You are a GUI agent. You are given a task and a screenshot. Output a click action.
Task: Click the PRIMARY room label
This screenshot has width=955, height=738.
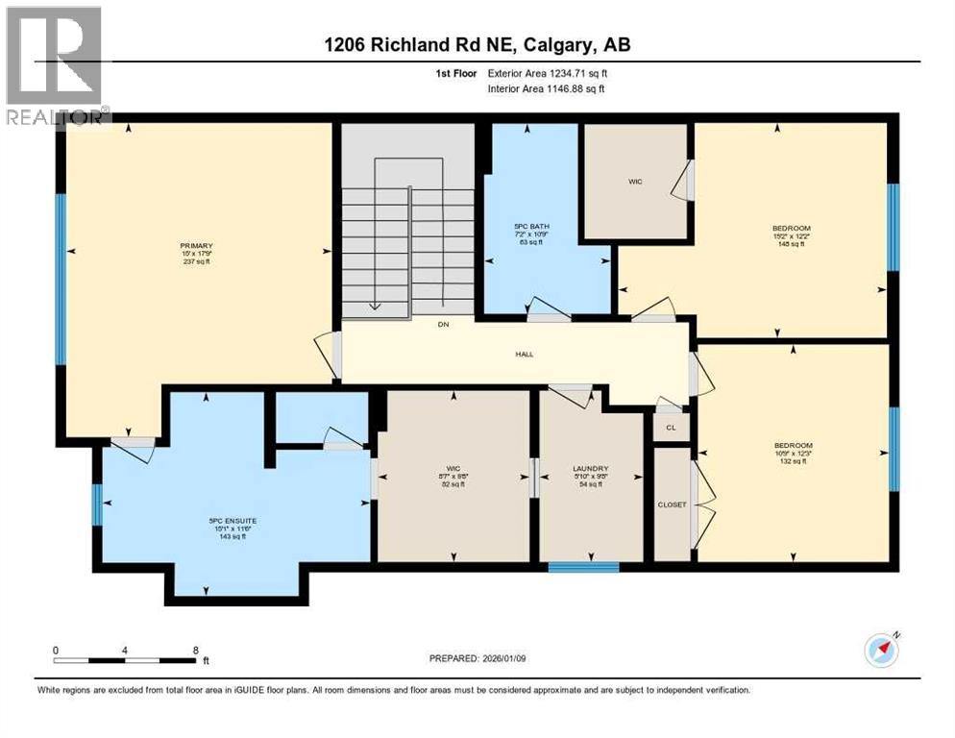coord(195,245)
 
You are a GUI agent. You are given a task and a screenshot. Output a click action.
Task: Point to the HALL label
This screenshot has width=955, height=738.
coord(524,354)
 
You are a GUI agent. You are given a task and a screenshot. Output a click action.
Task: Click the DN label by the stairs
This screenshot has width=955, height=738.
coord(443,325)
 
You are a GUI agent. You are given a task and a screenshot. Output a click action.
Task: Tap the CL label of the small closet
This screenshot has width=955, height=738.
coord(671,427)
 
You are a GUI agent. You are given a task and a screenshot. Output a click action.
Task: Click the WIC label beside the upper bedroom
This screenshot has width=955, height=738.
coord(635,180)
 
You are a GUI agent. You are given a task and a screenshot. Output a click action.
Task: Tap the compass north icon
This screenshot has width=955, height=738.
coord(881,650)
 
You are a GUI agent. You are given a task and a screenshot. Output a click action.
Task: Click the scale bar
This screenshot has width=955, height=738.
coord(126,660)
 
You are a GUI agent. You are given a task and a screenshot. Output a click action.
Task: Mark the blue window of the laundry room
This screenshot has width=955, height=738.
coord(583,567)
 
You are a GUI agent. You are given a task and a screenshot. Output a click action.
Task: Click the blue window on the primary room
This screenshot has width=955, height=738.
coord(61,280)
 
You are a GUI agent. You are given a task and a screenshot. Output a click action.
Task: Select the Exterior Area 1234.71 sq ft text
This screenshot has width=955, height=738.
coord(547,72)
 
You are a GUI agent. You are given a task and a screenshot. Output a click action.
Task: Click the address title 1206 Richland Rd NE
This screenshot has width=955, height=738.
coord(477,44)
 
